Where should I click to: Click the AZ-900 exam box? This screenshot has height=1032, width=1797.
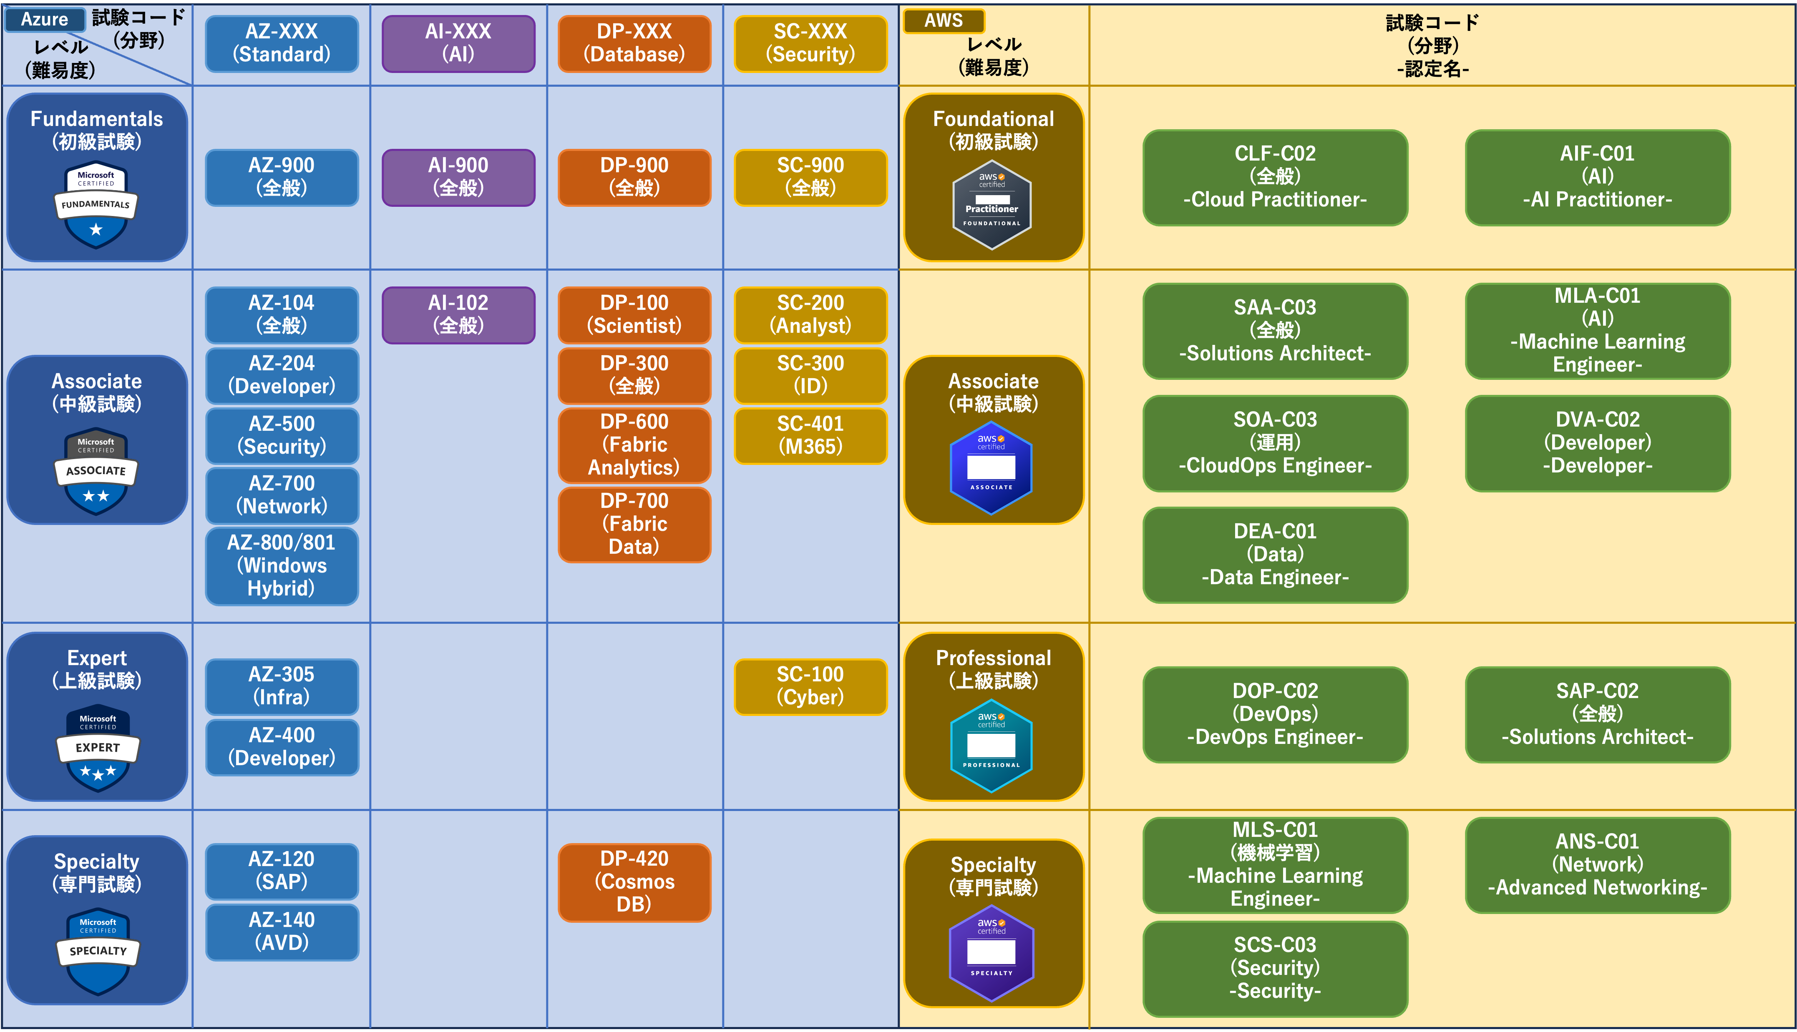(282, 177)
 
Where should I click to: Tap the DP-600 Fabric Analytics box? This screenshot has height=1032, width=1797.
(634, 444)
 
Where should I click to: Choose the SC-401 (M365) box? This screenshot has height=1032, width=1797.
(810, 435)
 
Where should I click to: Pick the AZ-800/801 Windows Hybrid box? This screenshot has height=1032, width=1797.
(282, 565)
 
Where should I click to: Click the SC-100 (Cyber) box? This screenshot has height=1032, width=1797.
(810, 686)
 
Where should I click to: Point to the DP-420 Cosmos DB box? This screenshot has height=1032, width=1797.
(634, 882)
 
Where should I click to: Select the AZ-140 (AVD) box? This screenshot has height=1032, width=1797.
(282, 932)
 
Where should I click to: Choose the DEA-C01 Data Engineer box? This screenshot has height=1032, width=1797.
(1275, 554)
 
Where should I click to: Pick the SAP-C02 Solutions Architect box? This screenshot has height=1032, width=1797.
(1597, 714)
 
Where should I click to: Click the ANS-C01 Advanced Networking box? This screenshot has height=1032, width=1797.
(1597, 865)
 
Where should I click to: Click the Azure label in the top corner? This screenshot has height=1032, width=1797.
(45, 19)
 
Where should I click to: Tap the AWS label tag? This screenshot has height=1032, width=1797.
(944, 20)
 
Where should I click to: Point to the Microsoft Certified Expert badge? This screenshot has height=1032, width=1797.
(98, 748)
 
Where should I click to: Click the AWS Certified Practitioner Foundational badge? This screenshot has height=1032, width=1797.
(992, 205)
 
